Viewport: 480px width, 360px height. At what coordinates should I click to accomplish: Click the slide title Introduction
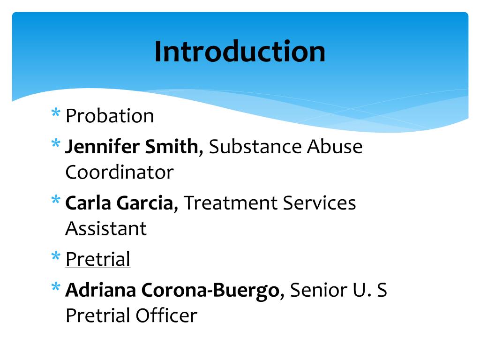[x=240, y=52]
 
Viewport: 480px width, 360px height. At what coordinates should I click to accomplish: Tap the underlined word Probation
[x=110, y=116]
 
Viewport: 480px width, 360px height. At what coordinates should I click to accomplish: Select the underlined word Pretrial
[x=97, y=259]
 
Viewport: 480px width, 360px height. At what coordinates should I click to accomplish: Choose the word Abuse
[x=335, y=147]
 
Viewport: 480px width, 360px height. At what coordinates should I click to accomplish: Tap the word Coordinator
[x=119, y=172]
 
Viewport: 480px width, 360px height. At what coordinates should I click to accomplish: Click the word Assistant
[x=106, y=229]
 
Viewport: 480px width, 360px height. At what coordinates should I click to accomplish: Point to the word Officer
[x=166, y=315]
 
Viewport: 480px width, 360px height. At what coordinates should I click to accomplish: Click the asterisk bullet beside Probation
[x=56, y=114]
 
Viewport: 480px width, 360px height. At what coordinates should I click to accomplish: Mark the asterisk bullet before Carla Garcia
[x=56, y=201]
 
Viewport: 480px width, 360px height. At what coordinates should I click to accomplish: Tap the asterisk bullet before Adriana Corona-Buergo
[x=56, y=288]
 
